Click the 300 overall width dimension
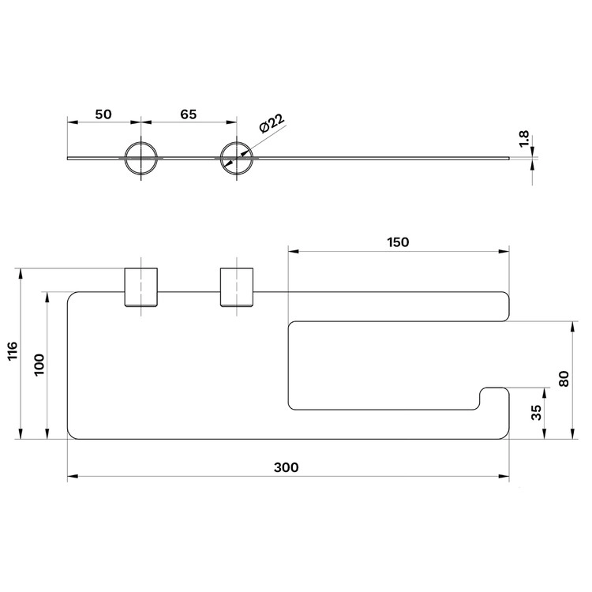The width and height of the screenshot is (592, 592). coord(287,468)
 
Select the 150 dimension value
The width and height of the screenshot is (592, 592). coord(398,242)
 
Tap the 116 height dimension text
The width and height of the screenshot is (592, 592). coord(13,350)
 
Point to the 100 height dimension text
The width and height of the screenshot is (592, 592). coord(39,365)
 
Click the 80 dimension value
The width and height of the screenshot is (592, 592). coord(564,379)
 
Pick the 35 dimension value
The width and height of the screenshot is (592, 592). coord(537,412)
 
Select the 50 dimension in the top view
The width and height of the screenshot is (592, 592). coord(103,114)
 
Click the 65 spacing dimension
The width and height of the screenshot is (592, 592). coord(189,114)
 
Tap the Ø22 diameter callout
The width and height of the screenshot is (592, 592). coord(272,122)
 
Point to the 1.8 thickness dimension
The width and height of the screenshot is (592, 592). coord(524,139)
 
